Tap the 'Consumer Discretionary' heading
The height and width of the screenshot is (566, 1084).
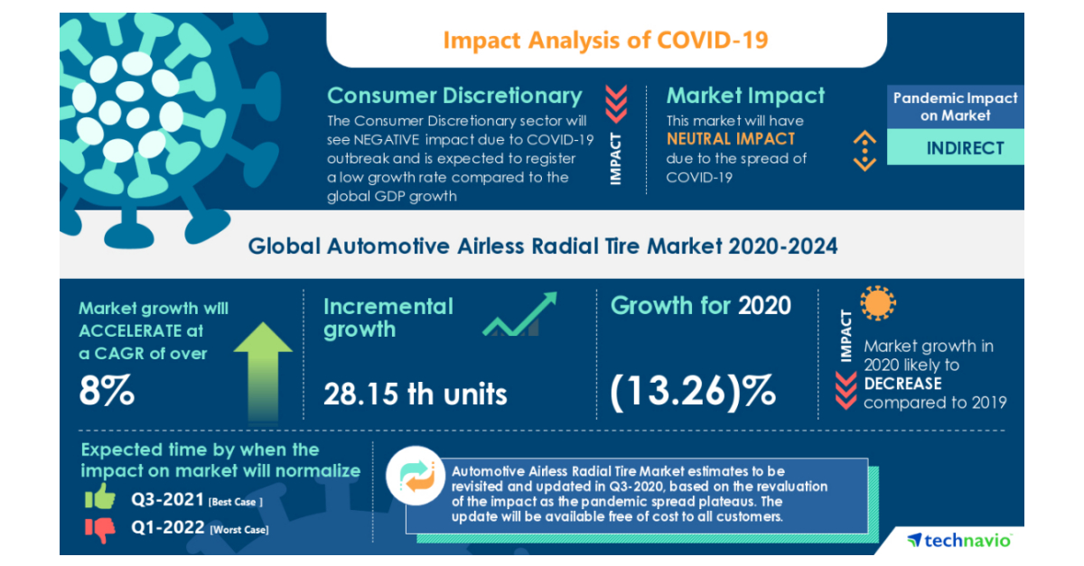tap(454, 96)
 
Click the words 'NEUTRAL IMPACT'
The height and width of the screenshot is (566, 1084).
tap(731, 139)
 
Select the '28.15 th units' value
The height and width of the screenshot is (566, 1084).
tap(415, 394)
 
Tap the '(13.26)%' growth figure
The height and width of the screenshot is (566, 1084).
tap(693, 391)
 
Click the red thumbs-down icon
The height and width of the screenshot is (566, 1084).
tap(101, 528)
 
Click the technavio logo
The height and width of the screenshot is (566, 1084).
tap(959, 540)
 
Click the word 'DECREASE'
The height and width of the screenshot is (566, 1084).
tap(902, 384)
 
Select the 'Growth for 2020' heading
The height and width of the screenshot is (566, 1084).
tap(700, 306)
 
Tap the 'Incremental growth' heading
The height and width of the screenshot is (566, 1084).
tap(388, 318)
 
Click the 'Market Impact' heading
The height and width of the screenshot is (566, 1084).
tap(745, 96)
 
